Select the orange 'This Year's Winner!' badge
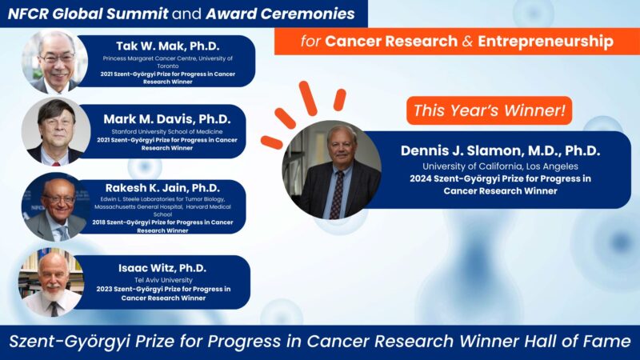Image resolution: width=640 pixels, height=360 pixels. pos(490,110)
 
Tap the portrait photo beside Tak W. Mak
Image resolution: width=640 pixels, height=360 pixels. pos(55,62)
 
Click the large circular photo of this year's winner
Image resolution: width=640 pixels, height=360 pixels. pos(331,170)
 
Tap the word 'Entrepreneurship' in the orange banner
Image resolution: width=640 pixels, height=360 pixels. pos(546,41)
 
